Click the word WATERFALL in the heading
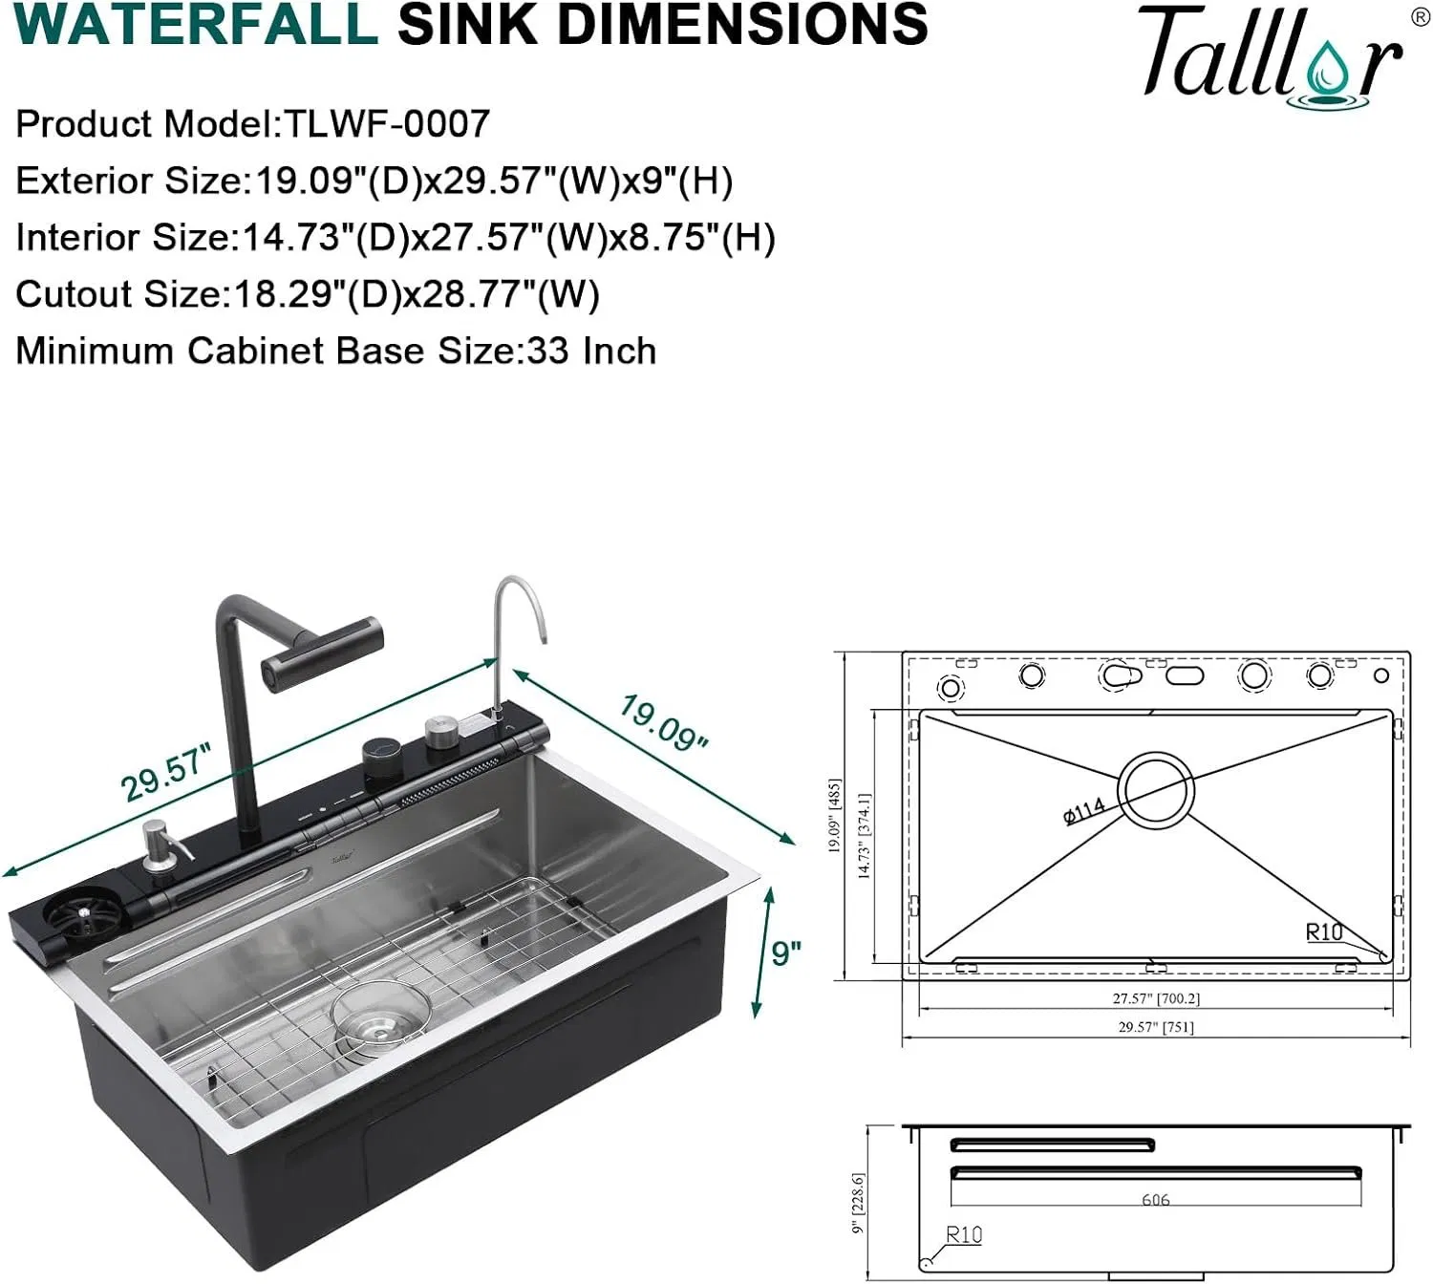coord(196,26)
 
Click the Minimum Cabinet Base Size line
coord(335,351)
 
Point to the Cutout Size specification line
coord(307,294)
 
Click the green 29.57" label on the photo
coord(164,773)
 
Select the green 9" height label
coord(785,952)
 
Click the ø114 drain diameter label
coord(1083,810)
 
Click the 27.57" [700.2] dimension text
coord(1155,998)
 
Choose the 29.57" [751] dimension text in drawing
coord(1155,1027)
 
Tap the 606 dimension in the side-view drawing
coord(1155,1199)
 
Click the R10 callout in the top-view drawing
coord(1324,931)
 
